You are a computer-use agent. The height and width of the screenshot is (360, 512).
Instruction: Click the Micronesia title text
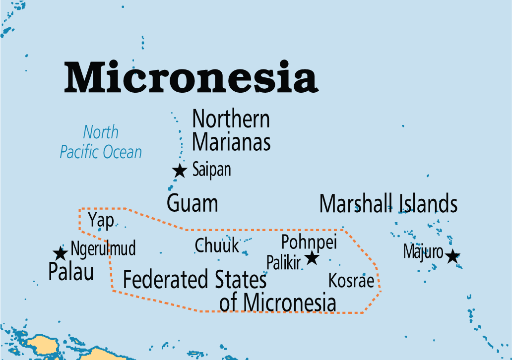coord(191,77)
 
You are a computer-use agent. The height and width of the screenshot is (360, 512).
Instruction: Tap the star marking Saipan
coord(180,171)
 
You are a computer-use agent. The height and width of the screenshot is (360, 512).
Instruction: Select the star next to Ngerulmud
coord(61,253)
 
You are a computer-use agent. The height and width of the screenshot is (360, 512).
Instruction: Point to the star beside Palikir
coord(312,257)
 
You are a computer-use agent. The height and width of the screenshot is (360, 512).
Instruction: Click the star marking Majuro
coord(452,256)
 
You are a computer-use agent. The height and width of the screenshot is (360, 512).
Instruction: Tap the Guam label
coord(192,204)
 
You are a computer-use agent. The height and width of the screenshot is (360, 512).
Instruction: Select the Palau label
coord(71,272)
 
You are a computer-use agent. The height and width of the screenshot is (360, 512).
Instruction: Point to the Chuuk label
coord(217,245)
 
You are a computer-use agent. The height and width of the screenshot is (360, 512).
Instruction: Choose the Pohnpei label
coord(309,242)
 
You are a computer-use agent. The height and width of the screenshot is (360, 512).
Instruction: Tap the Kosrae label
coord(351,281)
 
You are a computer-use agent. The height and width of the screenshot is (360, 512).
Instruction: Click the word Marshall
coord(356,204)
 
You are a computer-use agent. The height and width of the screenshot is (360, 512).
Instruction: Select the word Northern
coord(231,120)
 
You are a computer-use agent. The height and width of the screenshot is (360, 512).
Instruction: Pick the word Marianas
coord(231,142)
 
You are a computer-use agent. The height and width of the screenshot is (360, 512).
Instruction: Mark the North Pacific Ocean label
coord(101,142)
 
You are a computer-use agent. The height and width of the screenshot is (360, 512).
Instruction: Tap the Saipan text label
coord(212,170)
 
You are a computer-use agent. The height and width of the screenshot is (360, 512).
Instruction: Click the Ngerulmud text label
coord(103,248)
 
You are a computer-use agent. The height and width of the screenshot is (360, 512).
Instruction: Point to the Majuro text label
coord(423,252)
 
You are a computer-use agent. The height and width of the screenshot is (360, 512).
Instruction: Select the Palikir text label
coord(283,263)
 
